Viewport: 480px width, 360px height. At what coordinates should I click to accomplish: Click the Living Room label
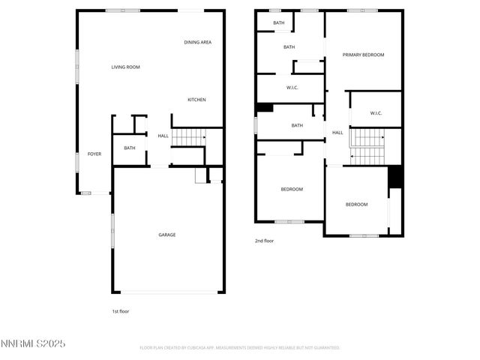pyautogui.click(x=126, y=67)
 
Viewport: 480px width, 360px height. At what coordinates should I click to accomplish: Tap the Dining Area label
pyautogui.click(x=198, y=42)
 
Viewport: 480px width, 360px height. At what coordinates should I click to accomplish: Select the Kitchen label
pyautogui.click(x=196, y=100)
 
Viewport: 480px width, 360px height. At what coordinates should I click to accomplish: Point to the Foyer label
pyautogui.click(x=94, y=154)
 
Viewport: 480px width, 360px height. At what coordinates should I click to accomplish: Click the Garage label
pyautogui.click(x=166, y=235)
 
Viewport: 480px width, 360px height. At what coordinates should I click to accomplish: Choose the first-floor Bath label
pyautogui.click(x=130, y=148)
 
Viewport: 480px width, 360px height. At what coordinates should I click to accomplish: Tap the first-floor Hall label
pyautogui.click(x=163, y=136)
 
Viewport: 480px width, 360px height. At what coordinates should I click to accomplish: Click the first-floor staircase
pyautogui.click(x=188, y=137)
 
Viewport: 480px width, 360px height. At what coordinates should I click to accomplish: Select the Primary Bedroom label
pyautogui.click(x=363, y=55)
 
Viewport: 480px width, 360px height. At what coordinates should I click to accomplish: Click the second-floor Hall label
pyautogui.click(x=337, y=133)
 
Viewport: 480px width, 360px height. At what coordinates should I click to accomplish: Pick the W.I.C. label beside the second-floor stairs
pyautogui.click(x=376, y=113)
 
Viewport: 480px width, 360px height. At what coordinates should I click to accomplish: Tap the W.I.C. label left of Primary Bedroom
pyautogui.click(x=292, y=88)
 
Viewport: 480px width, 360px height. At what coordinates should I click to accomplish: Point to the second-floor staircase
pyautogui.click(x=367, y=146)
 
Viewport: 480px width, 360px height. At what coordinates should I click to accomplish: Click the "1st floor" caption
pyautogui.click(x=120, y=310)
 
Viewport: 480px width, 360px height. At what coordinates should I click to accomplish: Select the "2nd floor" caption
pyautogui.click(x=264, y=241)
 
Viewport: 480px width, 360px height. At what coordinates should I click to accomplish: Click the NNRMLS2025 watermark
pyautogui.click(x=33, y=344)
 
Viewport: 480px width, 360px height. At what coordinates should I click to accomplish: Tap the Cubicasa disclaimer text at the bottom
pyautogui.click(x=240, y=348)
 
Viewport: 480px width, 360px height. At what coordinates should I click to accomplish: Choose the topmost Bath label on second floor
pyautogui.click(x=279, y=23)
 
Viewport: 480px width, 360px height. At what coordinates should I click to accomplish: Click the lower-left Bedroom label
pyautogui.click(x=292, y=189)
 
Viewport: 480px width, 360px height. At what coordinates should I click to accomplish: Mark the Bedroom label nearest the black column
pyautogui.click(x=356, y=205)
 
